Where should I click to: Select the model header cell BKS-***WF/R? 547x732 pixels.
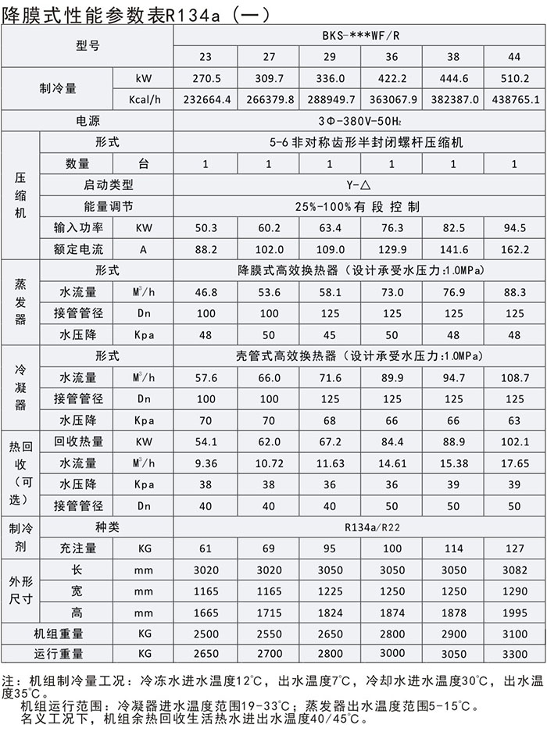(359, 36)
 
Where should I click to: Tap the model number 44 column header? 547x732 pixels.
(514, 57)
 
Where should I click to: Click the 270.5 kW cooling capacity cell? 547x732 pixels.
(206, 79)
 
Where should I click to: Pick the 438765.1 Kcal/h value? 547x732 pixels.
(514, 100)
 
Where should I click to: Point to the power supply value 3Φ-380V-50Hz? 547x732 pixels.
(359, 121)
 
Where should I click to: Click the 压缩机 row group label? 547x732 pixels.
(20, 195)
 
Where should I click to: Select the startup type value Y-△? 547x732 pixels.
(359, 185)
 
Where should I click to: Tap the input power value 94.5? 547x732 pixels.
(514, 228)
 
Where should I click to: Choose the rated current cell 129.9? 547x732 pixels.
(391, 249)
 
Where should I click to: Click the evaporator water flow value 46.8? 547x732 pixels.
(206, 292)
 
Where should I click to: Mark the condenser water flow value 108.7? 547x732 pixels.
(514, 377)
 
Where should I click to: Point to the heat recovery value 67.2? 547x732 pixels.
(330, 441)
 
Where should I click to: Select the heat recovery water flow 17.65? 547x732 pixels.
(514, 463)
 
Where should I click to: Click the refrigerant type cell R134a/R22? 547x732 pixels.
(359, 527)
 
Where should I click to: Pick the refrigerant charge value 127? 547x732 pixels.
(514, 548)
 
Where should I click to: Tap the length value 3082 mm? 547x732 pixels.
(514, 570)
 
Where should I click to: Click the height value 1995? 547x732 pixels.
(514, 612)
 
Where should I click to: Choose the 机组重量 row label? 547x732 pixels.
(59, 634)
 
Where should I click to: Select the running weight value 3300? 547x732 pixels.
(514, 654)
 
